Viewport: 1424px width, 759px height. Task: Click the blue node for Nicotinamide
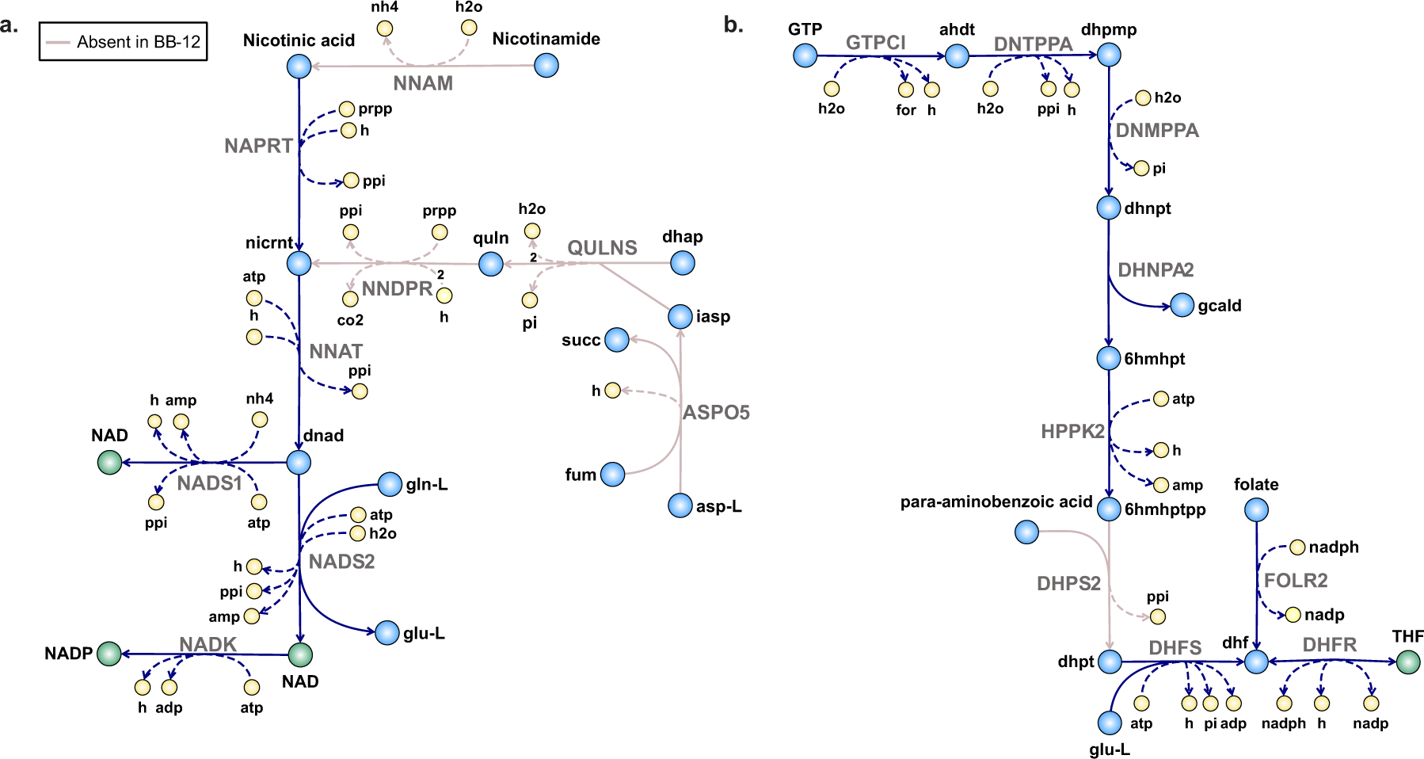tap(546, 65)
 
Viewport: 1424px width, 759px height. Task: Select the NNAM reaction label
tap(423, 83)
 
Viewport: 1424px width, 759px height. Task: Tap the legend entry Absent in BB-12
tap(124, 42)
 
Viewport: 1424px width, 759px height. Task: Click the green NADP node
tap(109, 654)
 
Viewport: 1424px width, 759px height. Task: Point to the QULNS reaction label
tap(602, 248)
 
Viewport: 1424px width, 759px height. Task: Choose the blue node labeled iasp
tap(680, 317)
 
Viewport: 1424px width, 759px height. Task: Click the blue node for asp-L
tap(680, 505)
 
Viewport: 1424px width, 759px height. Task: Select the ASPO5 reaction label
tap(716, 413)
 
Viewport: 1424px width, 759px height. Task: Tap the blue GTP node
tap(805, 55)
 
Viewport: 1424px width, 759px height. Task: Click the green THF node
tap(1408, 662)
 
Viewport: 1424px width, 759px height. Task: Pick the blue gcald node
tap(1182, 305)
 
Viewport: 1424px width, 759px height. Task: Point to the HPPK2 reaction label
tap(1072, 432)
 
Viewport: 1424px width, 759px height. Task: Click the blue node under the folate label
tap(1256, 509)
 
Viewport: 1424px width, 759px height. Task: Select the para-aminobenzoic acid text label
tap(996, 502)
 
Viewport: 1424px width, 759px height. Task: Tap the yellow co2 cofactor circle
tap(350, 299)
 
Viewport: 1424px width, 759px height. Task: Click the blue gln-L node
tap(390, 484)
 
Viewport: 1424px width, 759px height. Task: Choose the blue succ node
tap(617, 340)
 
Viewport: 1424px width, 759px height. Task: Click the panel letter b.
tap(733, 25)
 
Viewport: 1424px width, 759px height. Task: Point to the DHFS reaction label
tap(1175, 648)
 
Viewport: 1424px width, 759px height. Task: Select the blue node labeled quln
tap(491, 264)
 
